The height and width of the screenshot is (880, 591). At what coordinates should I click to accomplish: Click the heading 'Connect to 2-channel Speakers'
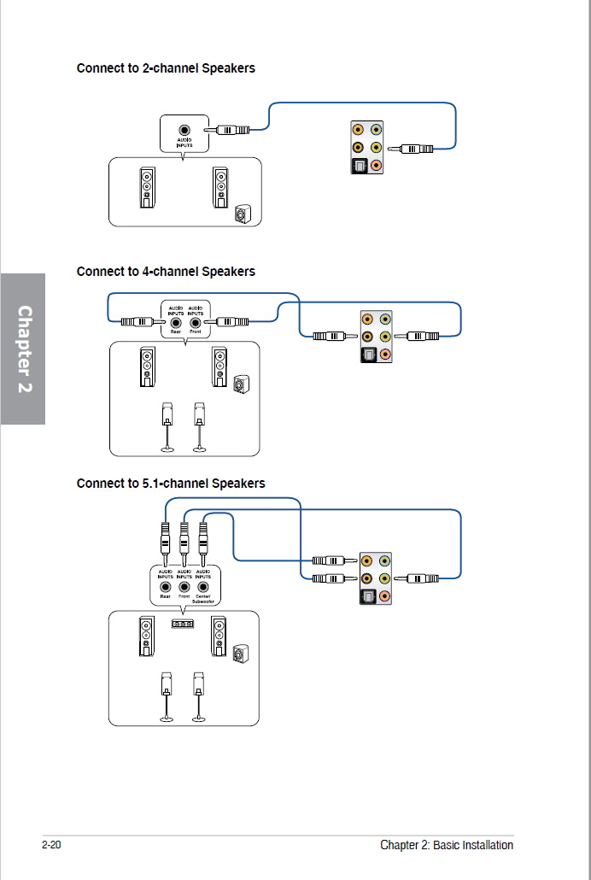[x=166, y=68]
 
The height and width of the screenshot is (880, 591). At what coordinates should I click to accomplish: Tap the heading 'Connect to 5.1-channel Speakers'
[x=171, y=484]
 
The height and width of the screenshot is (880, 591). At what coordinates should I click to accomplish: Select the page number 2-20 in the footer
[x=52, y=845]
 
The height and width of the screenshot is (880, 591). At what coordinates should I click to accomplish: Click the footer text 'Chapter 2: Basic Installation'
[x=447, y=845]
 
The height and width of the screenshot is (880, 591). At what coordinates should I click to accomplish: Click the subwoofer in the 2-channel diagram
[x=244, y=214]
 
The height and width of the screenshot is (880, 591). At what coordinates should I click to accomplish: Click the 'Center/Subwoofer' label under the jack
[x=203, y=599]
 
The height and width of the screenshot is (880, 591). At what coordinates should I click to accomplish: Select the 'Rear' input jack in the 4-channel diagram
[x=176, y=323]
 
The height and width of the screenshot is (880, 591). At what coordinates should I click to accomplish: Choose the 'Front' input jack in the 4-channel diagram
[x=196, y=323]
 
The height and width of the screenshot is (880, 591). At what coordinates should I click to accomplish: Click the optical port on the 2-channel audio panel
[x=360, y=165]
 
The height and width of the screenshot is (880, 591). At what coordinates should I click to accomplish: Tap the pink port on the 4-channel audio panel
[x=385, y=354]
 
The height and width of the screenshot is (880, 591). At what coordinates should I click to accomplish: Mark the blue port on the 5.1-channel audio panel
[x=385, y=561]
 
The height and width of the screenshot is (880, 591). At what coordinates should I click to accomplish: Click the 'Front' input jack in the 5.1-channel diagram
[x=184, y=587]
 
